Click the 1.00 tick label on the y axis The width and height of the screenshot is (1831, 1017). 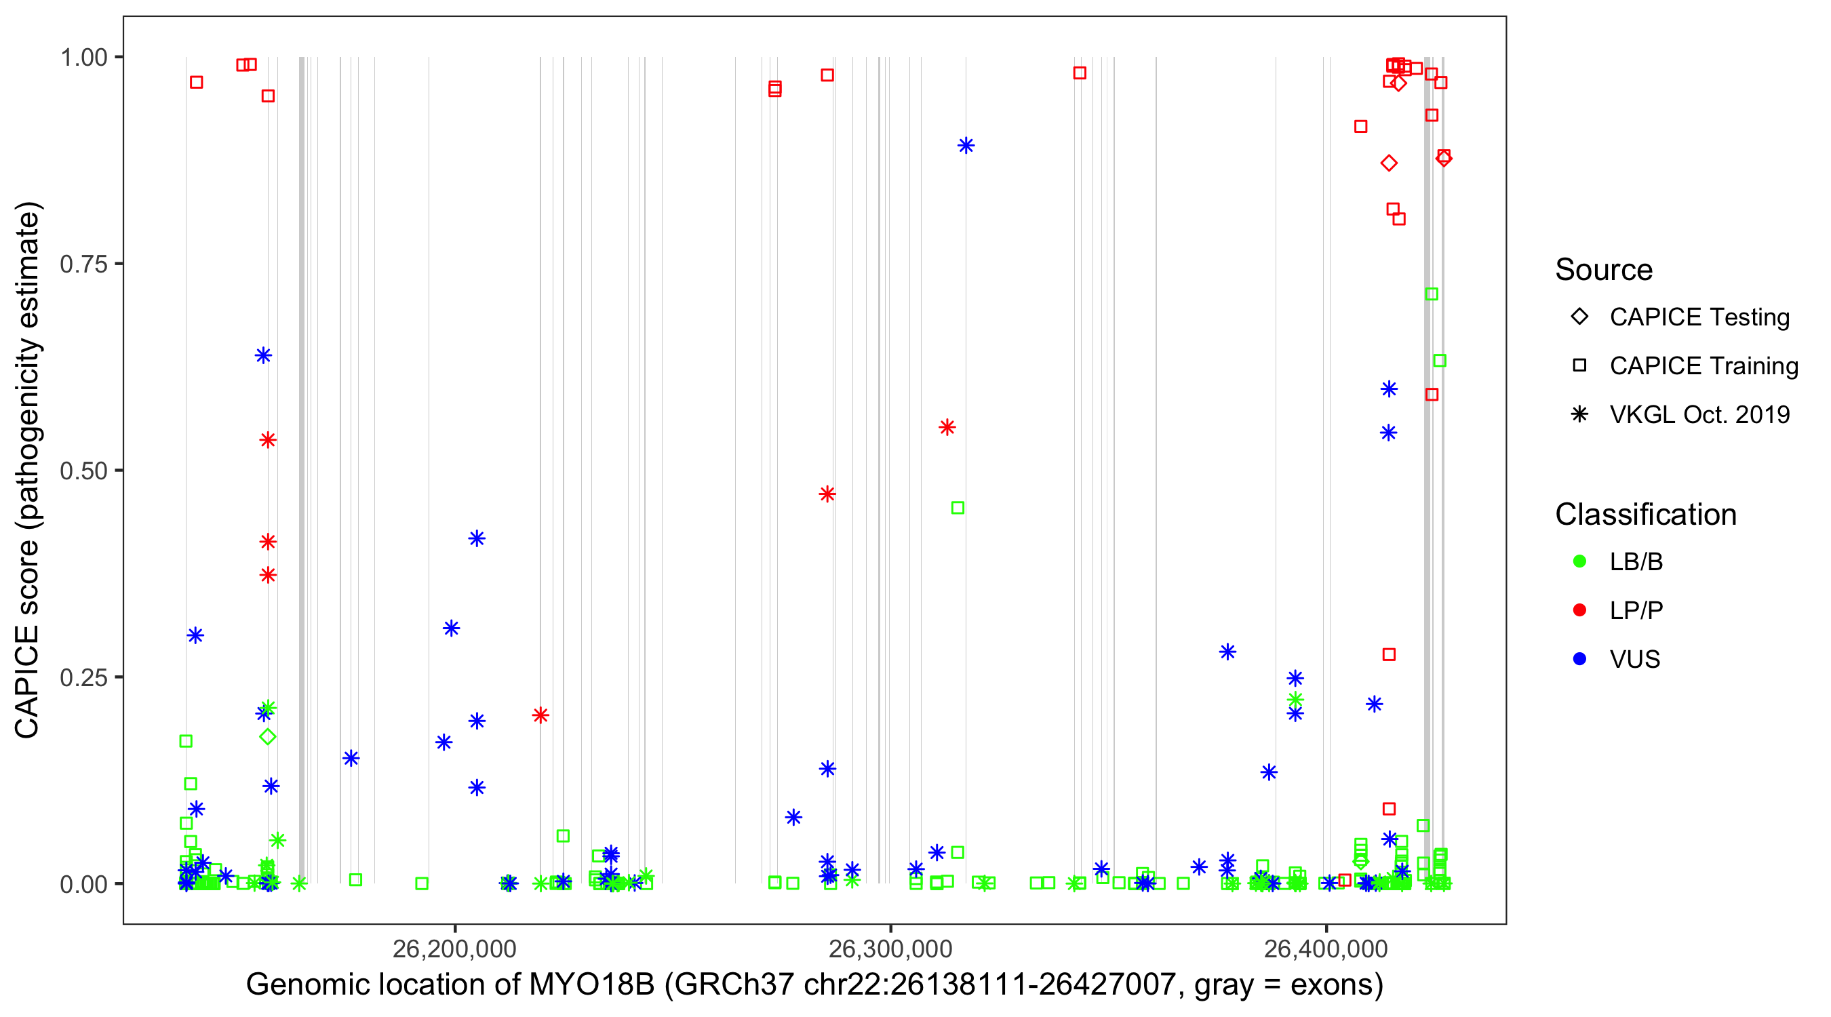tap(83, 57)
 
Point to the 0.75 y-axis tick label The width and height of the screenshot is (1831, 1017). tap(83, 264)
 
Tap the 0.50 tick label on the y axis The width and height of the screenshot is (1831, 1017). tap(83, 471)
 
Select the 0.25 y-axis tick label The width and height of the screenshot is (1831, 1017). tap(83, 677)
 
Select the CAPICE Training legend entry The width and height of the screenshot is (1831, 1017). tap(1579, 365)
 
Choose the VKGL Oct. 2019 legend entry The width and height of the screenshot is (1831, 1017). tap(1579, 414)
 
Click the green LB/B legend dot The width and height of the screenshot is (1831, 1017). tap(1579, 561)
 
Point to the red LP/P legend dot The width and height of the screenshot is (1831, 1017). tap(1579, 610)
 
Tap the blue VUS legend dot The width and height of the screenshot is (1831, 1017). tap(1579, 659)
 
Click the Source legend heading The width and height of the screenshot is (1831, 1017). tap(1604, 270)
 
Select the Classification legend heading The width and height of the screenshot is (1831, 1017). tap(1645, 515)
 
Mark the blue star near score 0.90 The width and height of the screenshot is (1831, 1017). tap(965, 146)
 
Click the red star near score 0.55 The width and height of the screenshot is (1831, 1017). tap(947, 427)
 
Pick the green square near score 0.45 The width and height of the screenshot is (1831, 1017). tap(958, 507)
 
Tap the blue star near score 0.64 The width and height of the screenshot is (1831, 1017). tap(263, 355)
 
